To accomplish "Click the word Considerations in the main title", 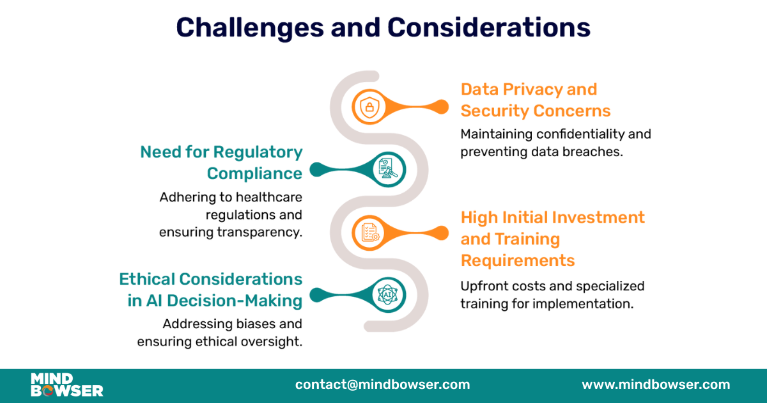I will point(489,29).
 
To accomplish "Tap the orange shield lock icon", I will point(369,106).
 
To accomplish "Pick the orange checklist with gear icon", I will point(369,232).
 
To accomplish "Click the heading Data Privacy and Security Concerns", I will point(535,100).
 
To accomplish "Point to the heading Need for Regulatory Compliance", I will point(221,162).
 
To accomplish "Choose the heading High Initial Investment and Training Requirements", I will point(552,239).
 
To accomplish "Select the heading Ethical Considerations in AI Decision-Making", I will point(211,290).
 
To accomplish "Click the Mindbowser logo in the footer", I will point(66,385).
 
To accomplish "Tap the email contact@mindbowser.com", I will point(382,384).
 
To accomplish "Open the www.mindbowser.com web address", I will point(655,384).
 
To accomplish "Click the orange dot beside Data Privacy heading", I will point(441,106).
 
